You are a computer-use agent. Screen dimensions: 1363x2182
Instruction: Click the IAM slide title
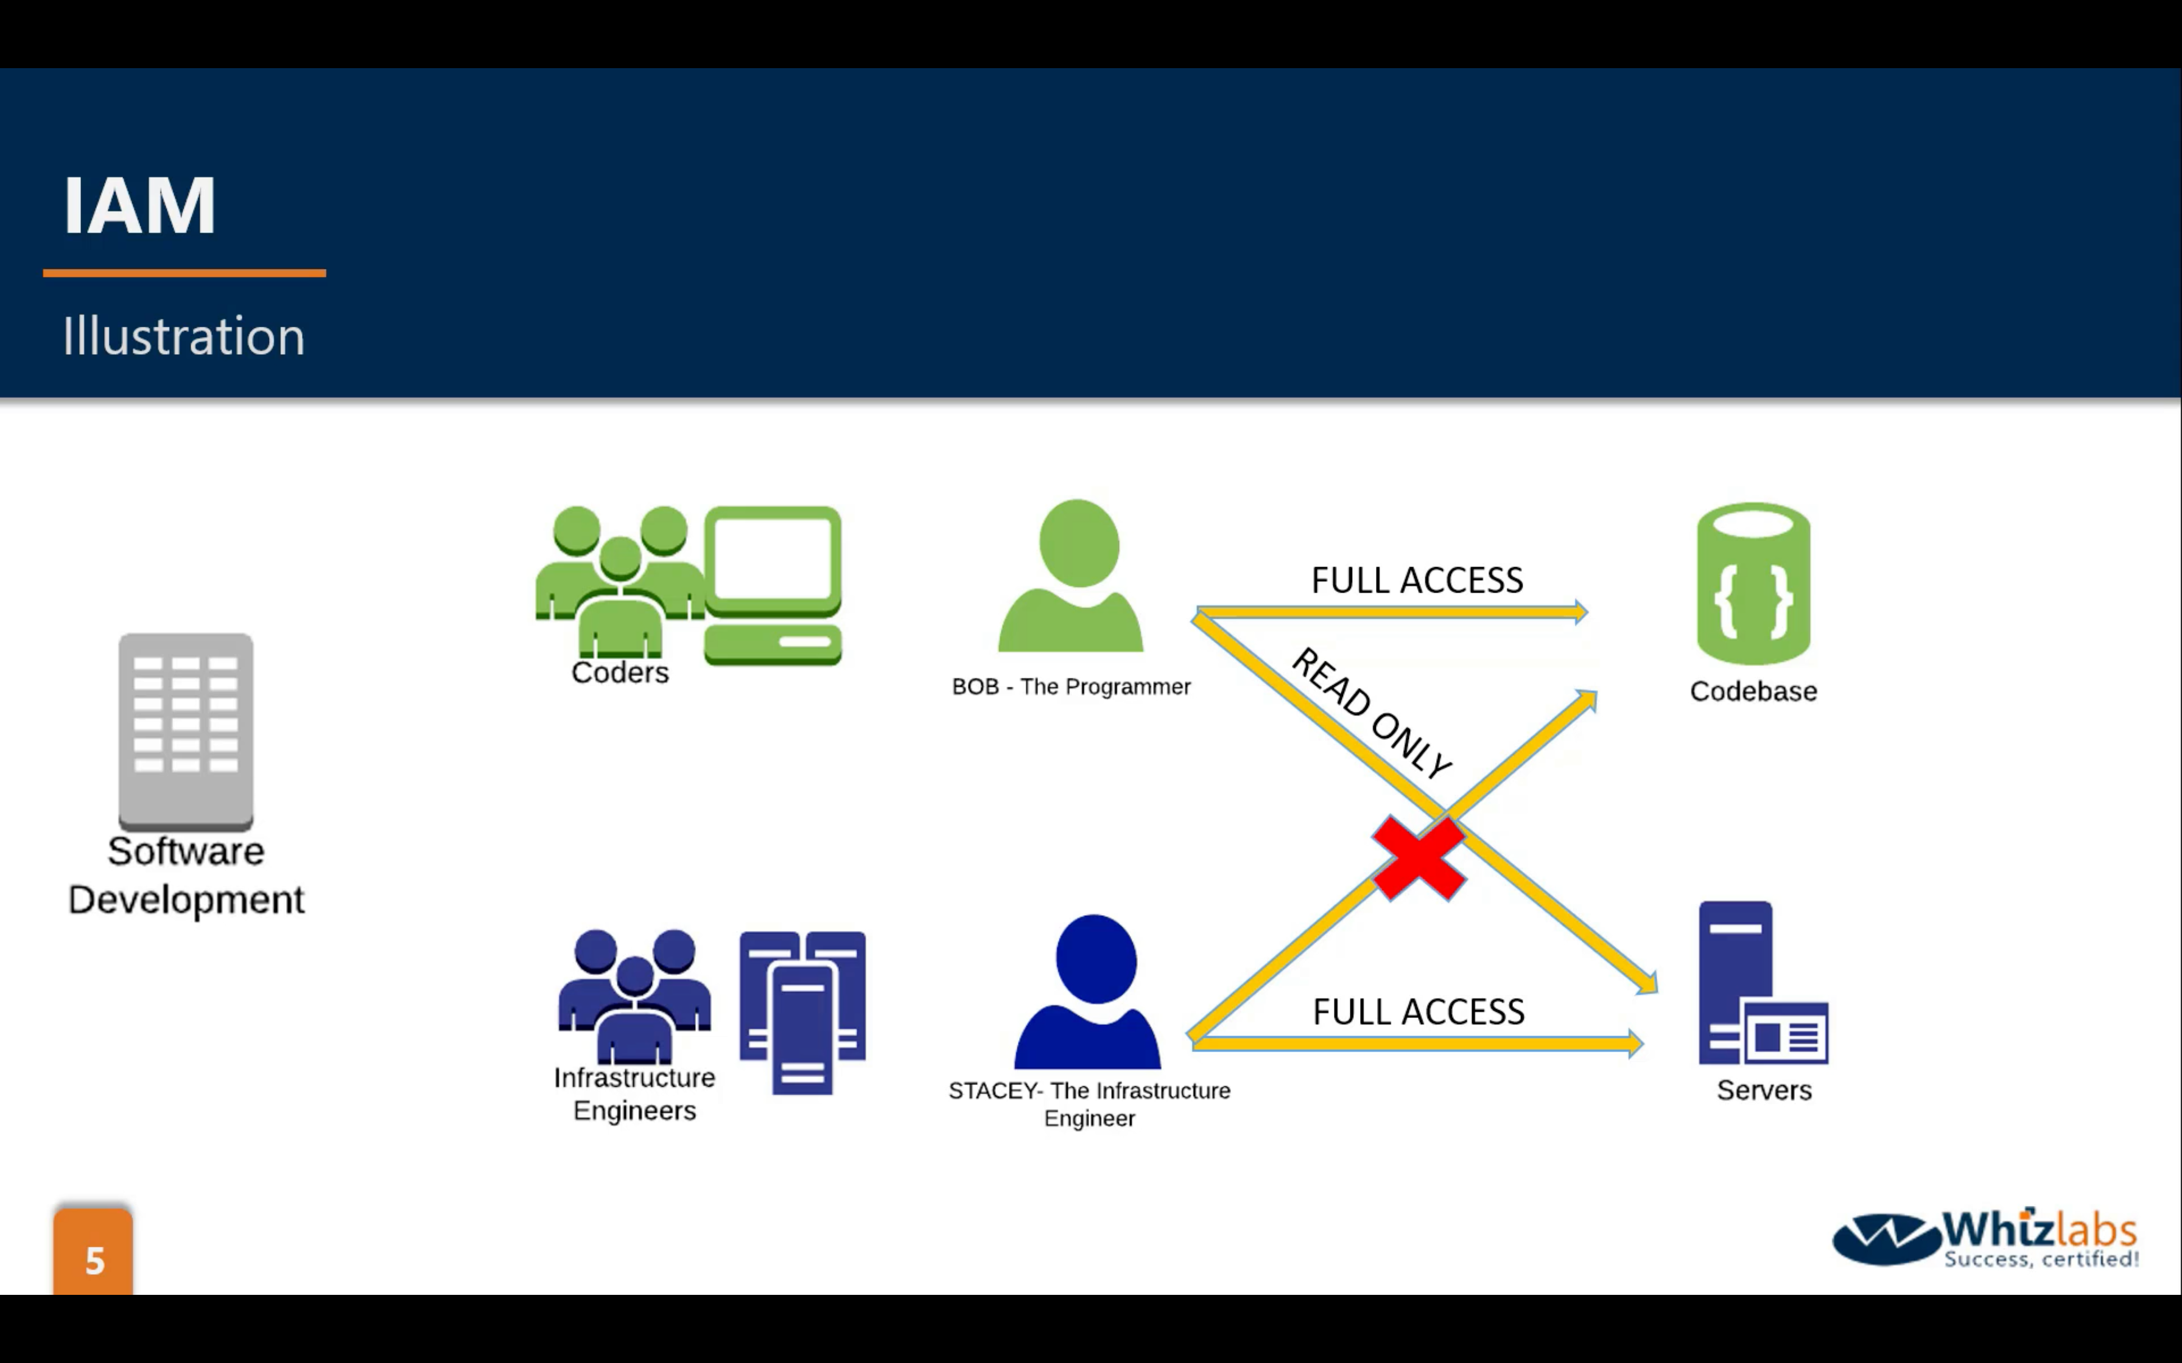(x=140, y=206)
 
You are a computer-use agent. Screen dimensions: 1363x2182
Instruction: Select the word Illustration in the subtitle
(x=184, y=336)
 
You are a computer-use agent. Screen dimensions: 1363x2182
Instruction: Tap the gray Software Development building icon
(x=186, y=730)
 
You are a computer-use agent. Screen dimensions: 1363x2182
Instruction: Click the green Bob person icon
(x=1073, y=577)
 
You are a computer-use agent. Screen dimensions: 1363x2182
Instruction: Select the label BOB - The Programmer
(x=1071, y=687)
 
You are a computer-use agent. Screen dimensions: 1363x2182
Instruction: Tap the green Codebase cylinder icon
(x=1753, y=584)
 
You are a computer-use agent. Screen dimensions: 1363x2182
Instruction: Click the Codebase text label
(x=1753, y=691)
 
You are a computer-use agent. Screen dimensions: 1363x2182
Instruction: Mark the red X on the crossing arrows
(x=1419, y=858)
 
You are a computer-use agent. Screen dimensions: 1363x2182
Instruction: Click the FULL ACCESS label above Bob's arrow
(x=1417, y=580)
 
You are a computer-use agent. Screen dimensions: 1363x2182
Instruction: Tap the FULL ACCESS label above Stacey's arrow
(x=1419, y=1011)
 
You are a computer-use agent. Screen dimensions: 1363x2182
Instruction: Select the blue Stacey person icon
(x=1089, y=992)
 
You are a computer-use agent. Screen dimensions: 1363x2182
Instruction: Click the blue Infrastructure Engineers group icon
(x=635, y=995)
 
